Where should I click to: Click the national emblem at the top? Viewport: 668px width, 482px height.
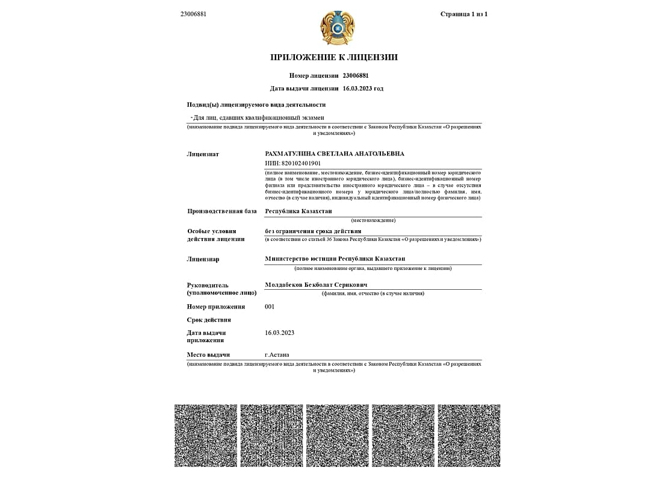[337, 28]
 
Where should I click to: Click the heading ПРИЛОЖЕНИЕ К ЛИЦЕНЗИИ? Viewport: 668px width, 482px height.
[334, 58]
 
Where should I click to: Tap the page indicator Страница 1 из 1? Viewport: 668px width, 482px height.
[463, 14]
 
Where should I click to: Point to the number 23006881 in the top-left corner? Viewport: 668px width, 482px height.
[193, 14]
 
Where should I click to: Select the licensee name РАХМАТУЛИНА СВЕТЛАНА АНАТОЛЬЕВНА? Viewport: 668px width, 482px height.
[335, 154]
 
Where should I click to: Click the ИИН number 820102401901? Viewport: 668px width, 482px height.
[293, 163]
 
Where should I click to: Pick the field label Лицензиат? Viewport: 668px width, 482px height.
[203, 154]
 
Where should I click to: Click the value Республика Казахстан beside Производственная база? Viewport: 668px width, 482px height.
[298, 211]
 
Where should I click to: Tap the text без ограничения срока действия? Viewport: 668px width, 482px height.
[313, 231]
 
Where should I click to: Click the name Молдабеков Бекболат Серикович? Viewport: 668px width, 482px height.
[316, 285]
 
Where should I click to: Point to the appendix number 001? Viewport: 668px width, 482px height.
[270, 307]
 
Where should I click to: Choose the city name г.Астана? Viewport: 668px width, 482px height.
[277, 355]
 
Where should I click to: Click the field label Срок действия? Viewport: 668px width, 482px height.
[209, 320]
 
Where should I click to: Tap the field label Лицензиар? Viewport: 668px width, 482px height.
[203, 260]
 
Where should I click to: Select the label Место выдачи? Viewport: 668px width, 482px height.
[208, 355]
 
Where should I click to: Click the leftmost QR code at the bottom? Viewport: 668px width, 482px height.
[206, 436]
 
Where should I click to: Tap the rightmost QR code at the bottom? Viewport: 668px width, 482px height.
[469, 436]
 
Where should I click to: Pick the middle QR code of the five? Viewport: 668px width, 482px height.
[337, 436]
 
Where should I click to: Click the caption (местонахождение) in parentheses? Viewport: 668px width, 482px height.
[373, 221]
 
